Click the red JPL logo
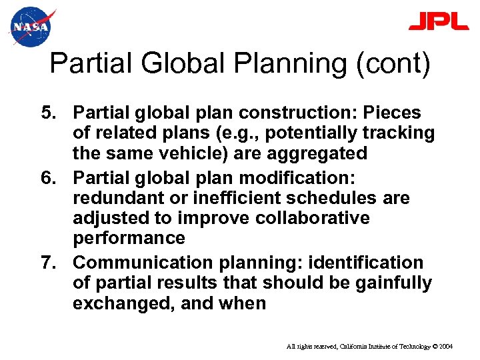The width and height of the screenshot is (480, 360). pos(439,21)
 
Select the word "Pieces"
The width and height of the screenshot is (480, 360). pos(393,112)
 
